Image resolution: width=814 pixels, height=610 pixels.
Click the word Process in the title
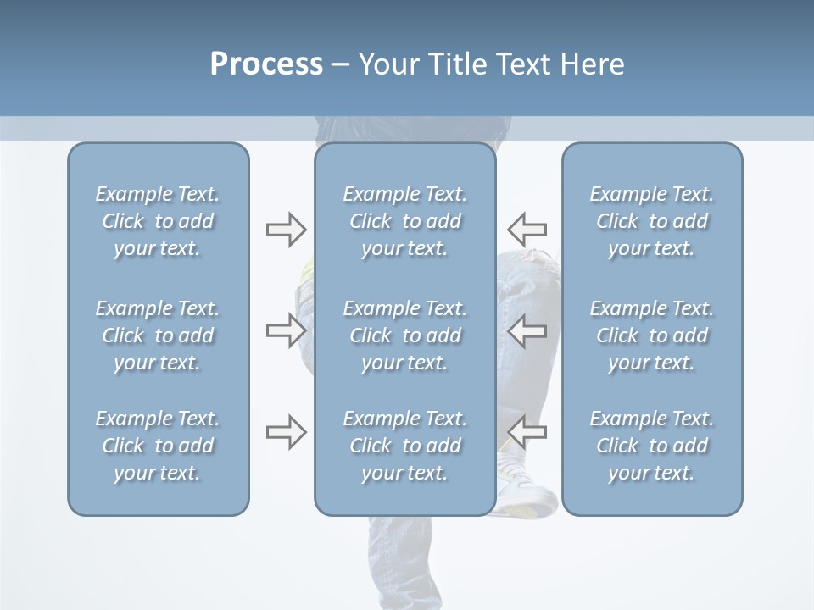pos(266,64)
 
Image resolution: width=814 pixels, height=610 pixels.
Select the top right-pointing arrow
pos(286,229)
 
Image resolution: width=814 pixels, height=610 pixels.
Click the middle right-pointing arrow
pos(286,330)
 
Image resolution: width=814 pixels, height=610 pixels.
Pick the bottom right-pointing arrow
pos(286,432)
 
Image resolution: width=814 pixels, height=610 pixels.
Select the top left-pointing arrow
pos(527,229)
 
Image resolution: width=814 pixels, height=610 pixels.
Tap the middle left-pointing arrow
pos(527,330)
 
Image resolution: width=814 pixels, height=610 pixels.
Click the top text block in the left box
pos(158,221)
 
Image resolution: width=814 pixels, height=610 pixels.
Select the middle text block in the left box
pos(158,335)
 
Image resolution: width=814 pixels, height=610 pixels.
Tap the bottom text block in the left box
pos(158,446)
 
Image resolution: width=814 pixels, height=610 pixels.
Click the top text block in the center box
pos(404,221)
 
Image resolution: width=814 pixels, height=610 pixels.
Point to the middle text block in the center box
pos(404,335)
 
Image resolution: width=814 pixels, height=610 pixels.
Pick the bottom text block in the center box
pos(404,446)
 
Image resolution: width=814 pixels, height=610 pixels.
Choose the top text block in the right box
pos(651,221)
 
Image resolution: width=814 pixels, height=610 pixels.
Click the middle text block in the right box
pos(651,335)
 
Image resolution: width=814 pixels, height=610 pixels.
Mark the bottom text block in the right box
pos(651,446)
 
